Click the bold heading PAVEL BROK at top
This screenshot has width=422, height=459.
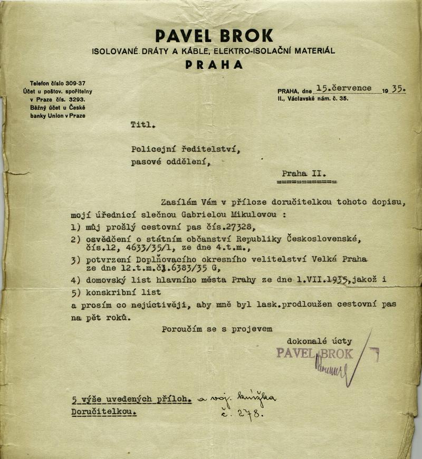coord(214,35)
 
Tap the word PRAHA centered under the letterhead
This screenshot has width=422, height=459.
coord(214,65)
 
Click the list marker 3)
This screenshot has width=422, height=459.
coord(75,260)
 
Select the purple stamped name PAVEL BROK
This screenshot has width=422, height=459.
coord(314,353)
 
